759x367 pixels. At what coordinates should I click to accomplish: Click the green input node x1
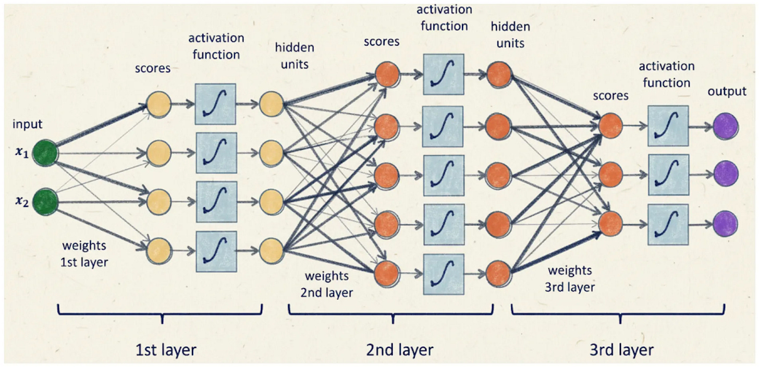coord(45,153)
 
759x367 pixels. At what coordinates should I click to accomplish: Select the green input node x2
coord(45,202)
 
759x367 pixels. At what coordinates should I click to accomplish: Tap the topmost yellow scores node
coord(158,104)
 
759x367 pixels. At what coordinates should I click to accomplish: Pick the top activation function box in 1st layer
coord(215,104)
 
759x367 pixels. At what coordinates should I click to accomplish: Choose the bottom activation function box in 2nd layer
coord(443,274)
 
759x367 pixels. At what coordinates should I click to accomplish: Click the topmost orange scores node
coord(387,76)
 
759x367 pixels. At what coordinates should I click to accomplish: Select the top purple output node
coord(726,127)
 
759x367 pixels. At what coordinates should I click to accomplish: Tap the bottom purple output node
coord(726,223)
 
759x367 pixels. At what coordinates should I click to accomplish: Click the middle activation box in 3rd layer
coord(668,174)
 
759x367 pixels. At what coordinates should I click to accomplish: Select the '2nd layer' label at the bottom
coord(399,349)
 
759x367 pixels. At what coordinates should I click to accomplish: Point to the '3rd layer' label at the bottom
coord(621,349)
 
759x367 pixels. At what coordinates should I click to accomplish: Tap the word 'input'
coord(28,124)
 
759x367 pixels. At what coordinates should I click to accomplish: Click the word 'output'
coord(727,92)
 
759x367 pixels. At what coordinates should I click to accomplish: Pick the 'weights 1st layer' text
coord(84,254)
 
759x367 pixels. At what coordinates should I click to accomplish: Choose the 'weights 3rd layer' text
coord(570,278)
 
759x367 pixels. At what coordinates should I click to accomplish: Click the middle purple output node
coord(726,174)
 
